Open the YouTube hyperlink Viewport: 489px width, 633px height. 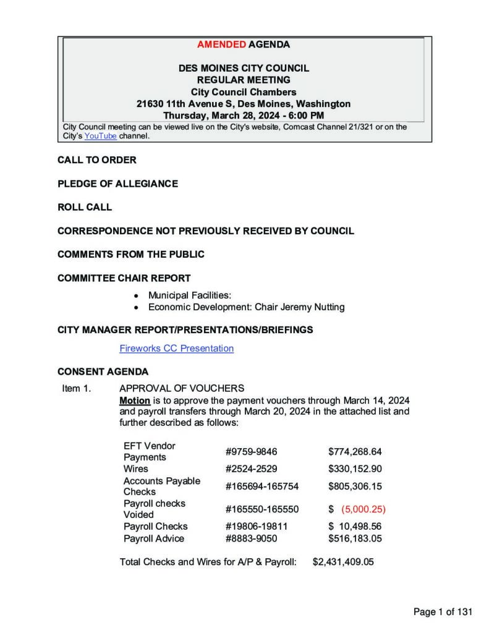coord(100,136)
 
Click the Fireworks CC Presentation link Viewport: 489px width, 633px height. coord(176,349)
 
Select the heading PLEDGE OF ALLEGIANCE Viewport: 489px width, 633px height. coord(117,184)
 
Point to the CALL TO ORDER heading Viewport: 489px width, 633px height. coord(97,160)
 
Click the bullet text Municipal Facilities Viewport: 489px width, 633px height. coord(189,295)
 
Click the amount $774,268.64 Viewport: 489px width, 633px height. coord(355,452)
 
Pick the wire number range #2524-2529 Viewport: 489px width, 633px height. coord(247,469)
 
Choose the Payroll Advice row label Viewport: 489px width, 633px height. coord(153,538)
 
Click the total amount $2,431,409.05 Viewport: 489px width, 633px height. coord(343,563)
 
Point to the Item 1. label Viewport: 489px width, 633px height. coord(77,389)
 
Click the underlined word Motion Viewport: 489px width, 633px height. coord(135,400)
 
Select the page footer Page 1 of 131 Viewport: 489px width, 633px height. coord(443,612)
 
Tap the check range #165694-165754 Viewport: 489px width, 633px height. coord(262,486)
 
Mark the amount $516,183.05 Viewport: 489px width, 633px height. coord(355,538)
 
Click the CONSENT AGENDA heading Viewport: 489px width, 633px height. coord(103,372)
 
